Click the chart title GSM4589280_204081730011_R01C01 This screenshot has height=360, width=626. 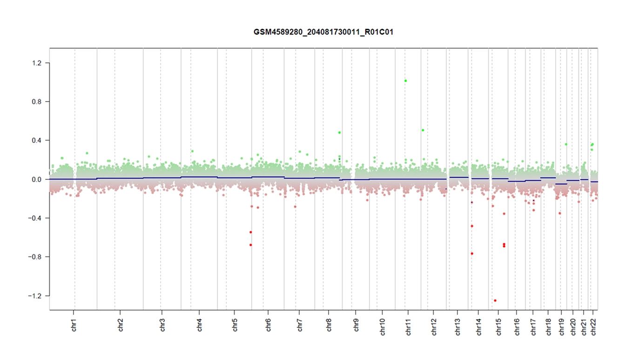pos(324,32)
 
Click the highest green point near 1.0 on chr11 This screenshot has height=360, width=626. pos(405,81)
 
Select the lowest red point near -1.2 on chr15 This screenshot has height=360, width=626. pos(495,300)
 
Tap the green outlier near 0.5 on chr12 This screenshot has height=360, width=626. pos(423,130)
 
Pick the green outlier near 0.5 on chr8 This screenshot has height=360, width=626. pos(339,132)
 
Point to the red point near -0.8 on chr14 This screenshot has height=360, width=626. pos(472,253)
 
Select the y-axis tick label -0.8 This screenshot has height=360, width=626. pos(37,257)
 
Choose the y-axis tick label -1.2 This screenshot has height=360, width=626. pos(37,296)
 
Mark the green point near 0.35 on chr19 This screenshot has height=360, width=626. pos(566,144)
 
